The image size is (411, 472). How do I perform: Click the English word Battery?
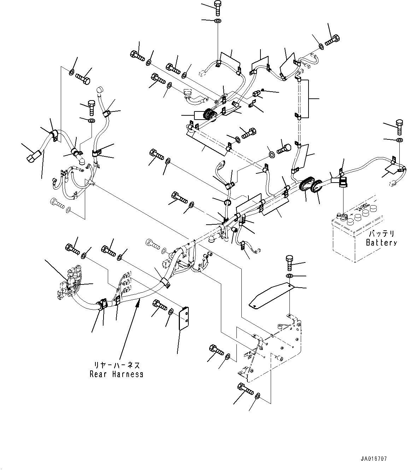pos(381,243)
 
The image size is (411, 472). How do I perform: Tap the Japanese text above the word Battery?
pos(381,234)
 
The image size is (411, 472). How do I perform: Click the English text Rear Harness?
pos(116,374)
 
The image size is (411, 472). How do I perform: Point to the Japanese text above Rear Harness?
pos(116,365)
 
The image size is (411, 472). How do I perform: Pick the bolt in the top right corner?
pos(332,40)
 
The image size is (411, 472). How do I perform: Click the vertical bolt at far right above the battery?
pos(399,127)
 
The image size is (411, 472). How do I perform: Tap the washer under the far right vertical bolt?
pos(399,141)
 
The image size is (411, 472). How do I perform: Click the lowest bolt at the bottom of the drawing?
pos(246,389)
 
